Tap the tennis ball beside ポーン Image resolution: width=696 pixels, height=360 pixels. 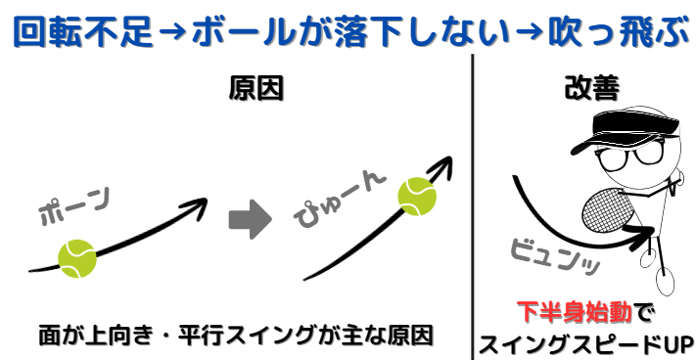pyautogui.click(x=76, y=259)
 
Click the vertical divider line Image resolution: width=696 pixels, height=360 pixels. pyautogui.click(x=474, y=196)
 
